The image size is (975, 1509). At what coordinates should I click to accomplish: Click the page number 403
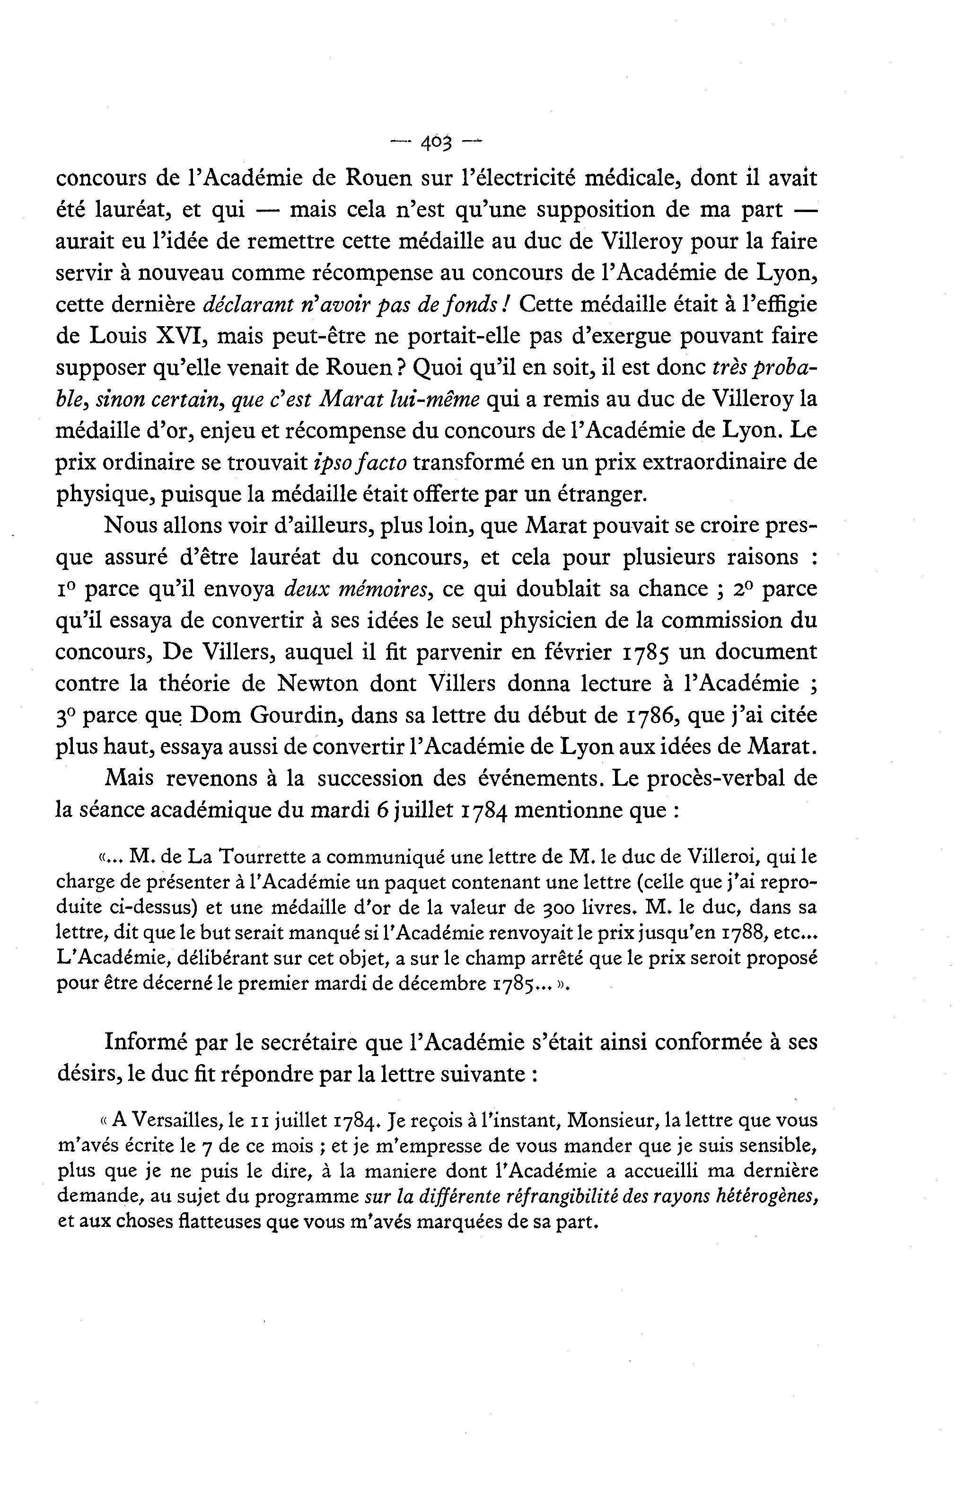pos(436,144)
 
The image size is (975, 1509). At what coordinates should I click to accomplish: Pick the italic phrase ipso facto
pos(360,462)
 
